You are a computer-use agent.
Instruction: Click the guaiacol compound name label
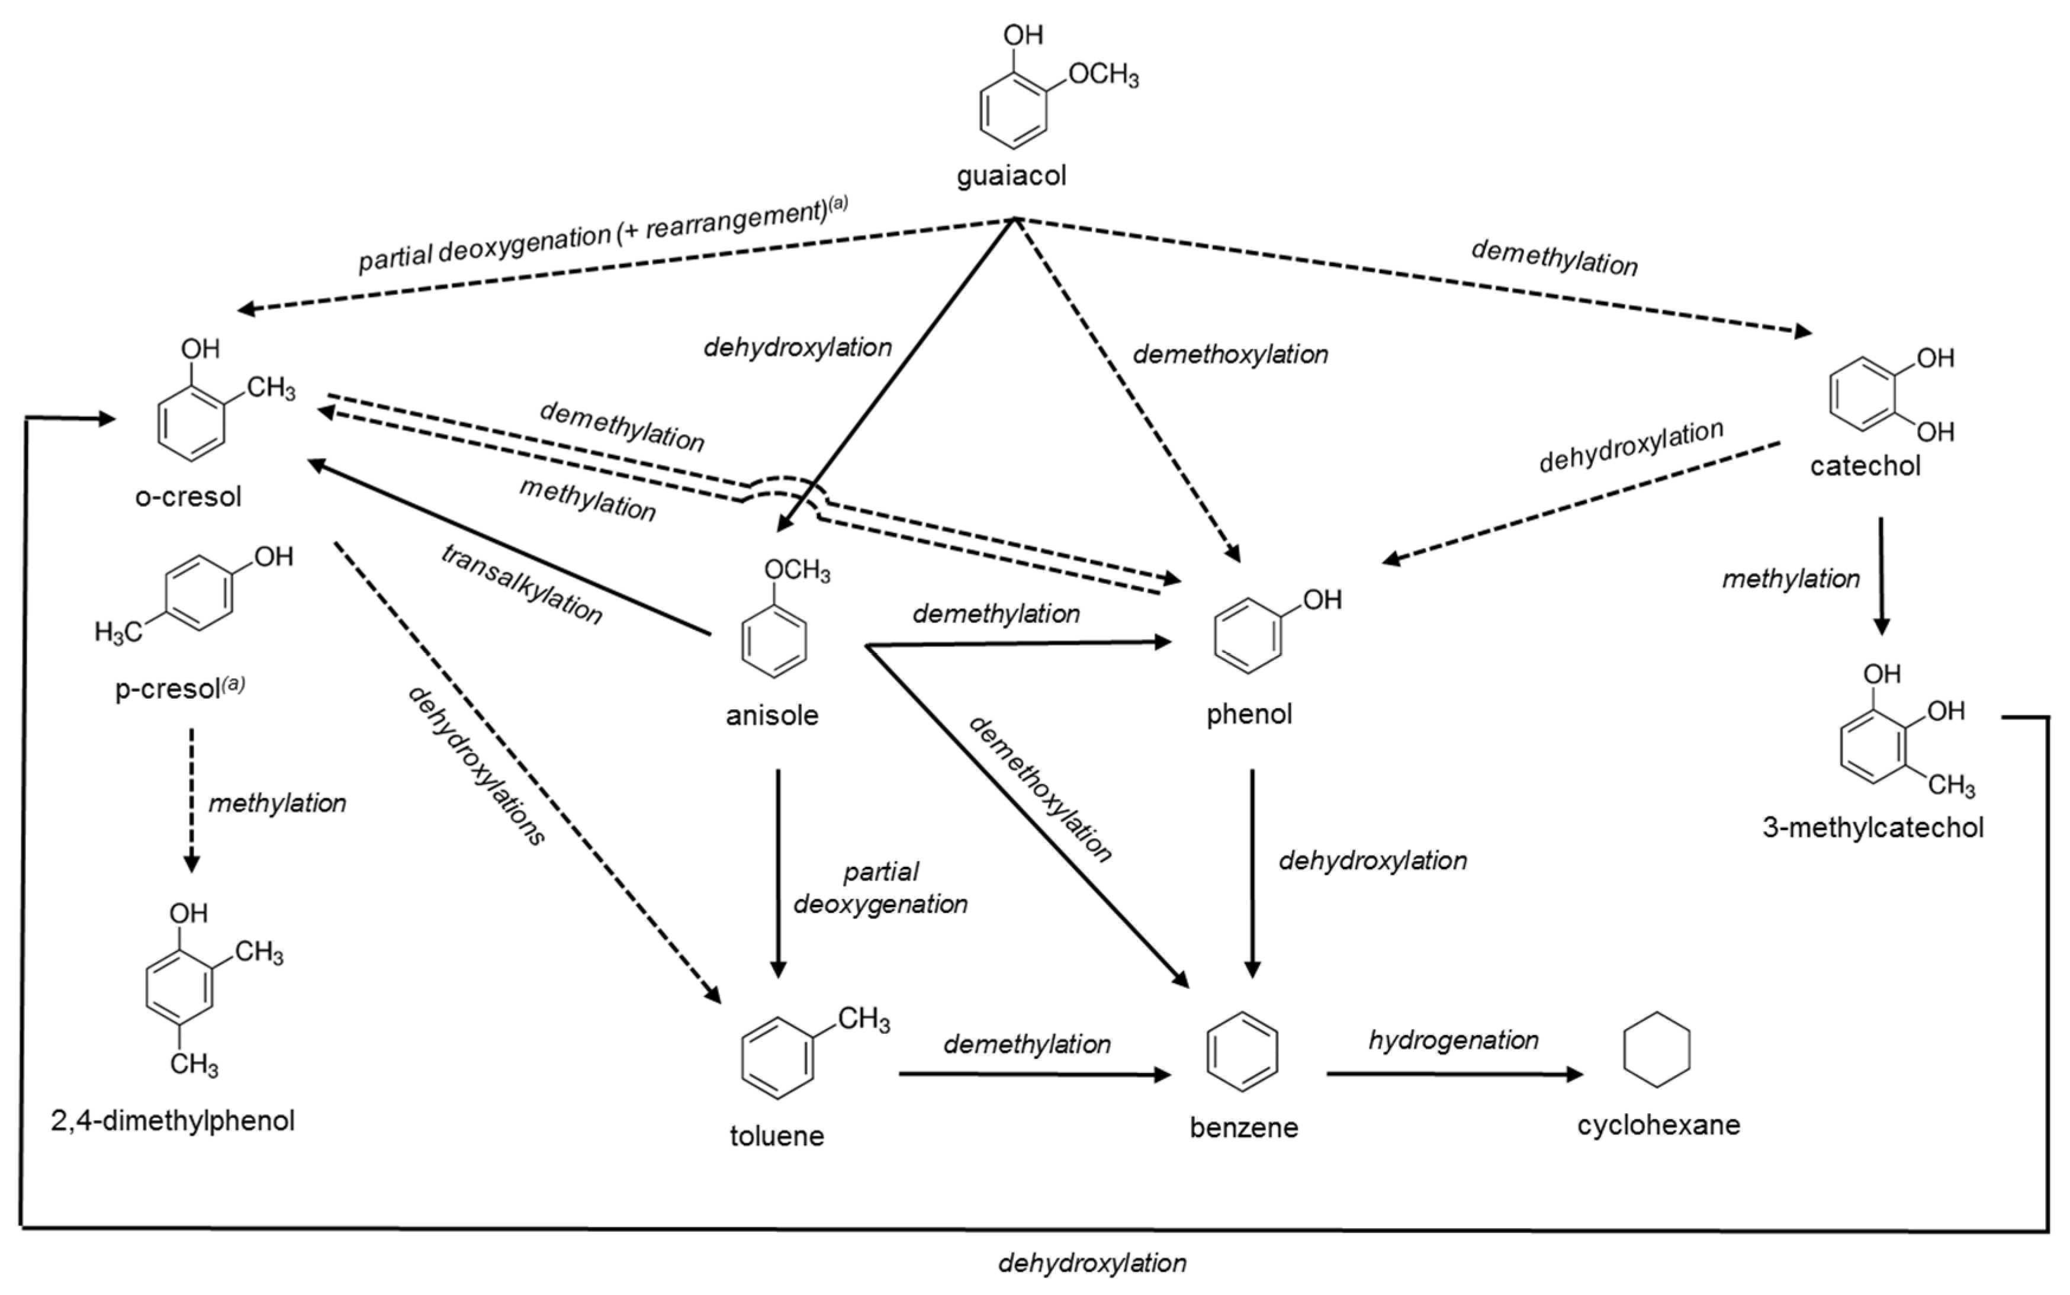click(x=1011, y=176)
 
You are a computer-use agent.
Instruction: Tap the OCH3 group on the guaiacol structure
click(x=1103, y=75)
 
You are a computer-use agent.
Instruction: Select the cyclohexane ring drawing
click(x=1656, y=1050)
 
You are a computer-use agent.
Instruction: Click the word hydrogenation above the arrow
click(x=1454, y=1040)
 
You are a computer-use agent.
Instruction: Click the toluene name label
click(x=777, y=1136)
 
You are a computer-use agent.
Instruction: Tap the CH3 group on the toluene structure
click(x=863, y=1019)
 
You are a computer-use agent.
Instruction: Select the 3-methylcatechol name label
click(x=1873, y=827)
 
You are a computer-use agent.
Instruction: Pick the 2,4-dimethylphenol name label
click(x=173, y=1120)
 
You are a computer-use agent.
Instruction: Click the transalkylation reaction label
click(x=522, y=584)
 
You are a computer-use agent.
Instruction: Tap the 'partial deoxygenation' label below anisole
click(x=880, y=888)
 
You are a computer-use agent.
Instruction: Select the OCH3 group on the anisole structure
click(x=796, y=570)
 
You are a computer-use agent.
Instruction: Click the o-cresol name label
click(x=188, y=497)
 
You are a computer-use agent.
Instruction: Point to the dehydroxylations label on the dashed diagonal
click(x=476, y=767)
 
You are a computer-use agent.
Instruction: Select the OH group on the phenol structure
click(x=1322, y=599)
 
